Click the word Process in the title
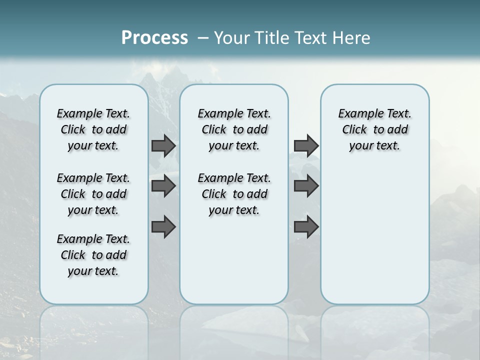(x=154, y=38)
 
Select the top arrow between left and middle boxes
(x=163, y=145)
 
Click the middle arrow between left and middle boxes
(x=163, y=186)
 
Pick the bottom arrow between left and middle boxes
(x=163, y=227)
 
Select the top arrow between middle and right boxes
(x=306, y=145)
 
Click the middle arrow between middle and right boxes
(x=306, y=186)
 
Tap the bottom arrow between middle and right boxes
(x=306, y=227)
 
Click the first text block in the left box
(x=93, y=129)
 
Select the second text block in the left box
(x=93, y=194)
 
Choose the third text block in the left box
(x=93, y=255)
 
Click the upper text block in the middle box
(x=234, y=129)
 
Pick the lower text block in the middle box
(x=234, y=194)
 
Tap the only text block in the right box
(x=374, y=129)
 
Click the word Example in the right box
(x=357, y=114)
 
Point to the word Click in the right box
(x=354, y=130)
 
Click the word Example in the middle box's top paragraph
(x=216, y=114)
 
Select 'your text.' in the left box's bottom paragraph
(x=93, y=271)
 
